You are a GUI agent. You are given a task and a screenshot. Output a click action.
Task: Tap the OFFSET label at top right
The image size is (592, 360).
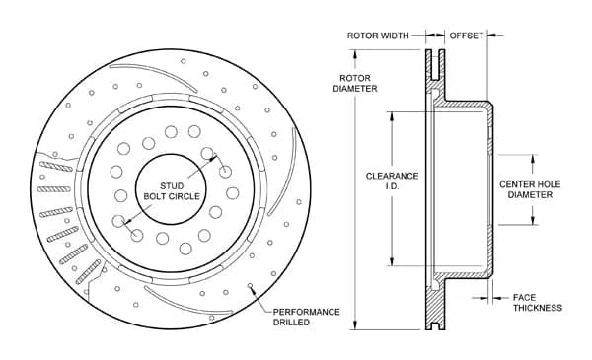467,36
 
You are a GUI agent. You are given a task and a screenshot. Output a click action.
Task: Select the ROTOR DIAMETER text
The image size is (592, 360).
355,83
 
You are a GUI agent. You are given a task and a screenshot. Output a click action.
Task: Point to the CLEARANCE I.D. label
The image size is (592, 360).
392,181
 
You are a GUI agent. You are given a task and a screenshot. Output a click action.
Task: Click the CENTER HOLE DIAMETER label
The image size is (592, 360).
531,188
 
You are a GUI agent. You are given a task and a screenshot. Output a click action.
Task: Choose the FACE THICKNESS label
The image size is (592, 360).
537,302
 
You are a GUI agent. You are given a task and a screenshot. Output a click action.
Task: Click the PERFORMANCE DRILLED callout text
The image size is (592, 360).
306,317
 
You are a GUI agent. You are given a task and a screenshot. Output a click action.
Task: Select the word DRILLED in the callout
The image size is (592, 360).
293,323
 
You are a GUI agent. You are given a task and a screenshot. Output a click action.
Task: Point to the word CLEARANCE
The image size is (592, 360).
392,176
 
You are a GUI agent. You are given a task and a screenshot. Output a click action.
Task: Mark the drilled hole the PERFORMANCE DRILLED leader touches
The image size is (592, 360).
252,287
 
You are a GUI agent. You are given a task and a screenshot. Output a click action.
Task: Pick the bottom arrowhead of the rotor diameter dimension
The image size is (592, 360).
356,329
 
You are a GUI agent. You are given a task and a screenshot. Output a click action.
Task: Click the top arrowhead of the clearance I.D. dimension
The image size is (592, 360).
394,112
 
